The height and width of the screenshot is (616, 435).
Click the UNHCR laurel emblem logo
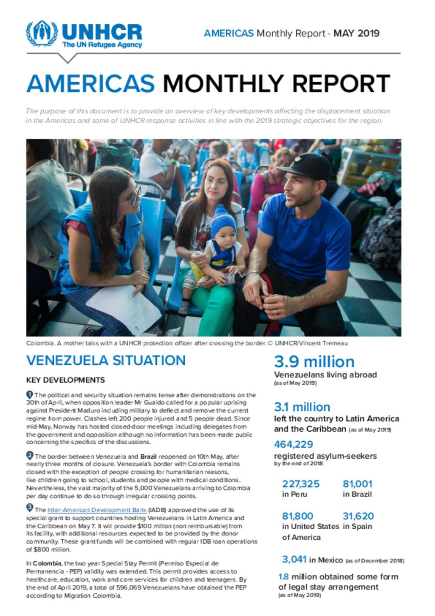[42, 34]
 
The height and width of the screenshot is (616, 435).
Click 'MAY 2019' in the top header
[356, 33]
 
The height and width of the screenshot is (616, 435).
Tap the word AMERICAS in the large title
[90, 83]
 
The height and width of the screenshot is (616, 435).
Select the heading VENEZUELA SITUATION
[106, 361]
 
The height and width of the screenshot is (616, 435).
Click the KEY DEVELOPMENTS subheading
[65, 380]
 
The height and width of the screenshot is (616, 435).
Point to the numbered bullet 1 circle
[30, 394]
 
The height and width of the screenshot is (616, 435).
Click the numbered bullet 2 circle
[30, 455]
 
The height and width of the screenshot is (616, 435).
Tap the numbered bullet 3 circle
[30, 507]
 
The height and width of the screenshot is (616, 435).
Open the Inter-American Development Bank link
[97, 510]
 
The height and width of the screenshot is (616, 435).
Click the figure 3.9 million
[314, 362]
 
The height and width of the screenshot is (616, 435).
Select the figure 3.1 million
[302, 407]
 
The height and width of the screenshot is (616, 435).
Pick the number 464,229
[294, 444]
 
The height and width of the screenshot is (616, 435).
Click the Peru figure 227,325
[301, 484]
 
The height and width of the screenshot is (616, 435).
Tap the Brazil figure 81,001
[357, 484]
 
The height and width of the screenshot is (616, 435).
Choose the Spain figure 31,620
[358, 516]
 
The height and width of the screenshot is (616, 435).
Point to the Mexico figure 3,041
[294, 559]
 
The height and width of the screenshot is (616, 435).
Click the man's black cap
[310, 166]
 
